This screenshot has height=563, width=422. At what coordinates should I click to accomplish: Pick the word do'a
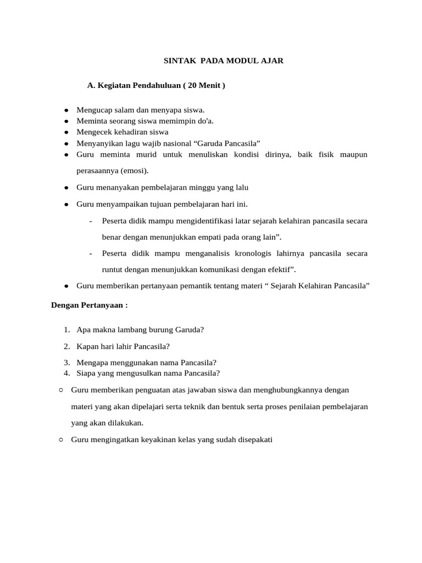[x=204, y=121]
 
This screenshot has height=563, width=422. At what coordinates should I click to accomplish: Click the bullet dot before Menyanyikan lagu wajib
[x=65, y=143]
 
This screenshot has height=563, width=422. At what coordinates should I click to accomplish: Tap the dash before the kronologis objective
[x=90, y=253]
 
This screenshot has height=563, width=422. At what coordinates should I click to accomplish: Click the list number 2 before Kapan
[x=66, y=346]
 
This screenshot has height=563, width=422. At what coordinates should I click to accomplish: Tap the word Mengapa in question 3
[x=93, y=362]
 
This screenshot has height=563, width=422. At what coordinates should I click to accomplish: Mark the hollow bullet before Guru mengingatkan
[x=60, y=440]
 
